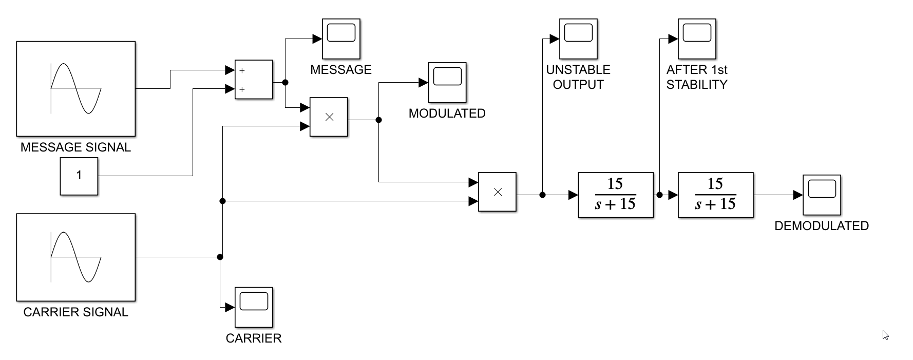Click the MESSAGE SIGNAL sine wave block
click(76, 88)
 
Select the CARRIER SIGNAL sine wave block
click(76, 257)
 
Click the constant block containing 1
click(79, 176)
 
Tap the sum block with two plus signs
click(254, 80)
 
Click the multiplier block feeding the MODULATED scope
click(329, 117)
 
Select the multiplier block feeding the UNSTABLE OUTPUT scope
click(497, 192)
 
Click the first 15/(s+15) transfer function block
click(615, 195)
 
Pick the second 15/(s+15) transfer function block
click(715, 195)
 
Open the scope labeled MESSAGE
click(341, 39)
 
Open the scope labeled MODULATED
click(447, 82)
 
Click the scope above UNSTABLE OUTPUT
click(578, 39)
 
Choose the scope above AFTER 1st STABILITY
click(697, 39)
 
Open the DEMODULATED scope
click(822, 195)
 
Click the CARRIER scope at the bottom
click(254, 307)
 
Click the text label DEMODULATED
click(821, 226)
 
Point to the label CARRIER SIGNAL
click(75, 312)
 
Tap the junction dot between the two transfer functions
click(659, 195)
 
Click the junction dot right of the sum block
click(286, 82)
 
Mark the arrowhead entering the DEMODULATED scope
click(798, 195)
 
